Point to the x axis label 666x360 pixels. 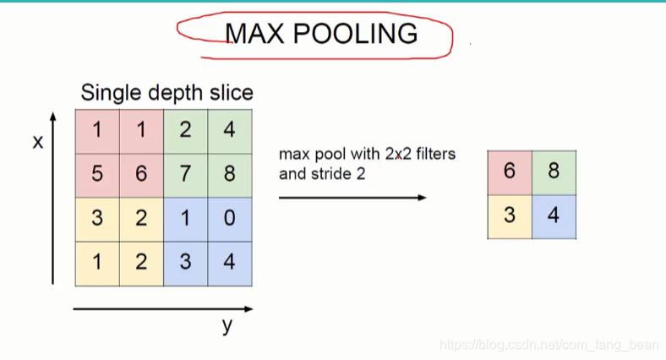pyautogui.click(x=37, y=142)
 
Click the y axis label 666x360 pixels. pyautogui.click(x=227, y=326)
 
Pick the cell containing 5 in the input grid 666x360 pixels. pyautogui.click(x=97, y=173)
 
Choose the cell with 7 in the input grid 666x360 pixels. pyautogui.click(x=185, y=173)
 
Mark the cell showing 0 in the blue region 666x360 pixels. pyautogui.click(x=230, y=217)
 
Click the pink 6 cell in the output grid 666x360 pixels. pyautogui.click(x=510, y=171)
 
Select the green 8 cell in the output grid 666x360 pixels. pyautogui.click(x=554, y=171)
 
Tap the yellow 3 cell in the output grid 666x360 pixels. pyautogui.click(x=510, y=215)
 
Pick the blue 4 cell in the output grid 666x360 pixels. pyautogui.click(x=554, y=215)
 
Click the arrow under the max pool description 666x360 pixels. pyautogui.click(x=352, y=198)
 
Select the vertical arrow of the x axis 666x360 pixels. pyautogui.click(x=54, y=199)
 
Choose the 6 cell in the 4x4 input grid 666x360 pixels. pyautogui.click(x=141, y=173)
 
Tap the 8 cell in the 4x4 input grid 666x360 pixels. pyautogui.click(x=230, y=173)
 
